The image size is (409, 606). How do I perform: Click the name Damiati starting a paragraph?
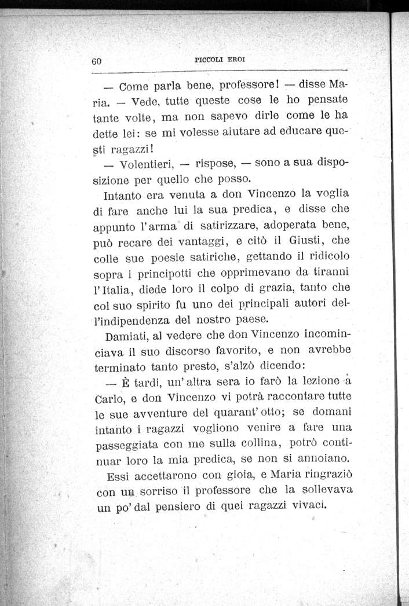point(127,336)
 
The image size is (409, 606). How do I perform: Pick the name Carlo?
point(107,400)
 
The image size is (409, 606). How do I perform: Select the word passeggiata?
point(128,447)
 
